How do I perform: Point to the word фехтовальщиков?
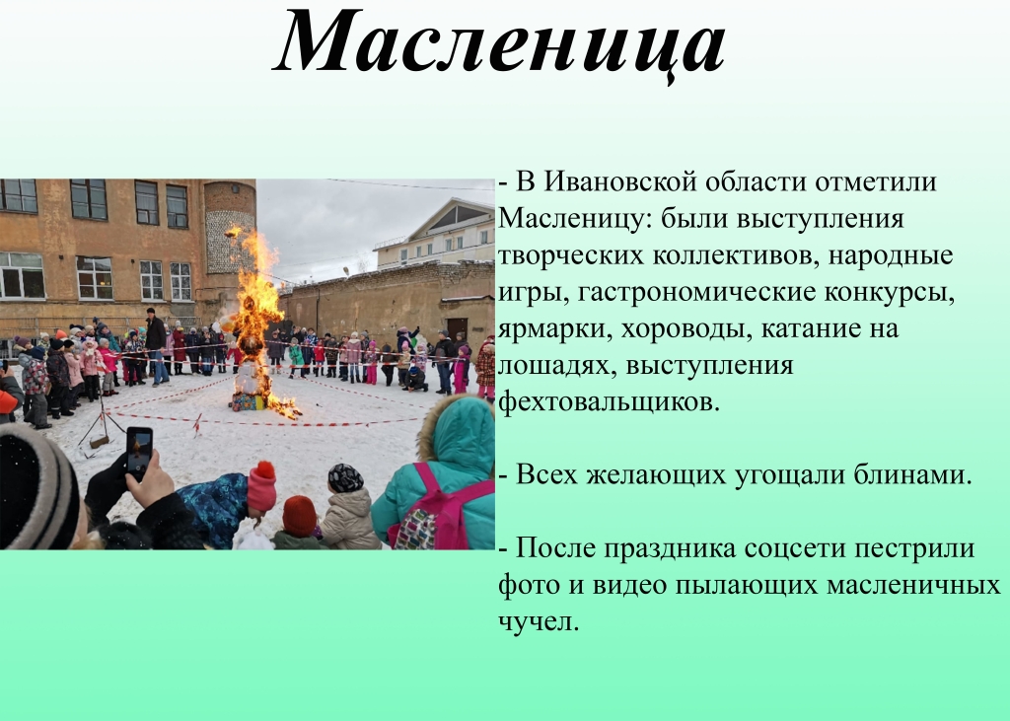pyautogui.click(x=609, y=402)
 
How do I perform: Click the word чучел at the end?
pyautogui.click(x=539, y=622)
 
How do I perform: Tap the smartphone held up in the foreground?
pyautogui.click(x=139, y=453)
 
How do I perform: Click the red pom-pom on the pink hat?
pyautogui.click(x=264, y=469)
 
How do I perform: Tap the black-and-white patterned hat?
pyautogui.click(x=345, y=477)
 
